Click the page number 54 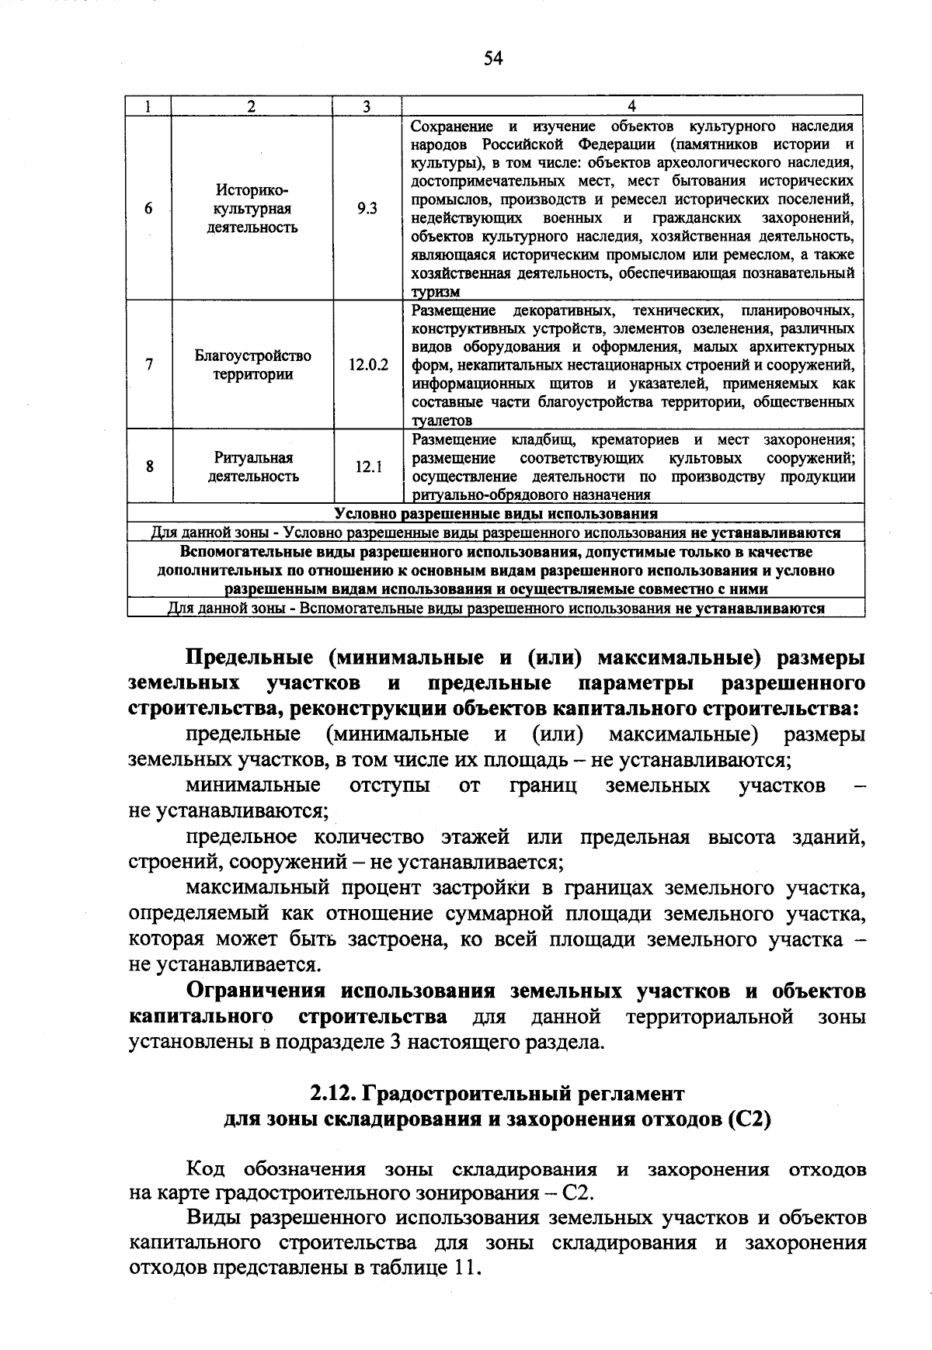point(493,58)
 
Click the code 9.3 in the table point(367,209)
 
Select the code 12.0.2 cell point(368,365)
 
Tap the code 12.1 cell point(368,467)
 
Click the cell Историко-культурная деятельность point(252,209)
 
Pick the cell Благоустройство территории point(252,365)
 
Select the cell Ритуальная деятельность point(252,467)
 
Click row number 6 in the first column point(148,209)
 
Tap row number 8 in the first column point(149,467)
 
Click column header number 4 point(631,106)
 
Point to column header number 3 point(367,106)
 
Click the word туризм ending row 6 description point(436,292)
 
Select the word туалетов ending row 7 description point(441,421)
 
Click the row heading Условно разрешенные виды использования point(496,514)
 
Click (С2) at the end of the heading point(749,1120)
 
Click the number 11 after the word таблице point(465,1268)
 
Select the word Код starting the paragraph point(207,1170)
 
